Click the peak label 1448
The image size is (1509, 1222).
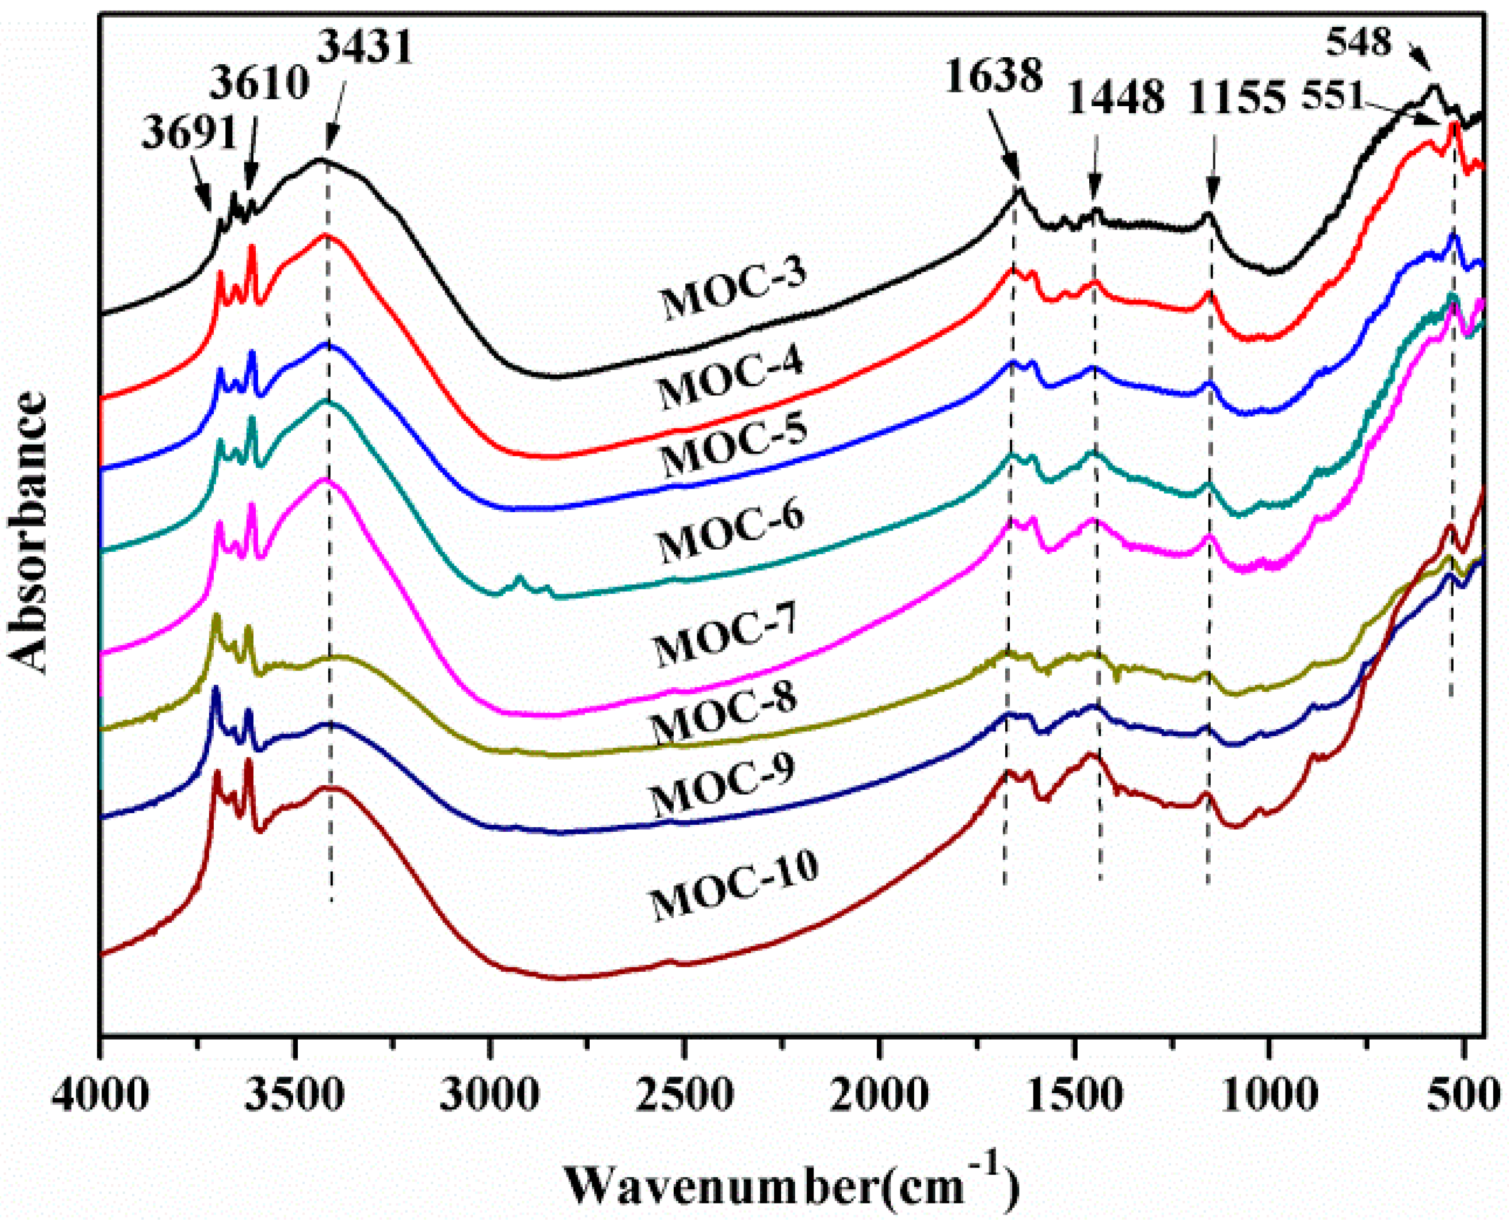click(x=1116, y=97)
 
